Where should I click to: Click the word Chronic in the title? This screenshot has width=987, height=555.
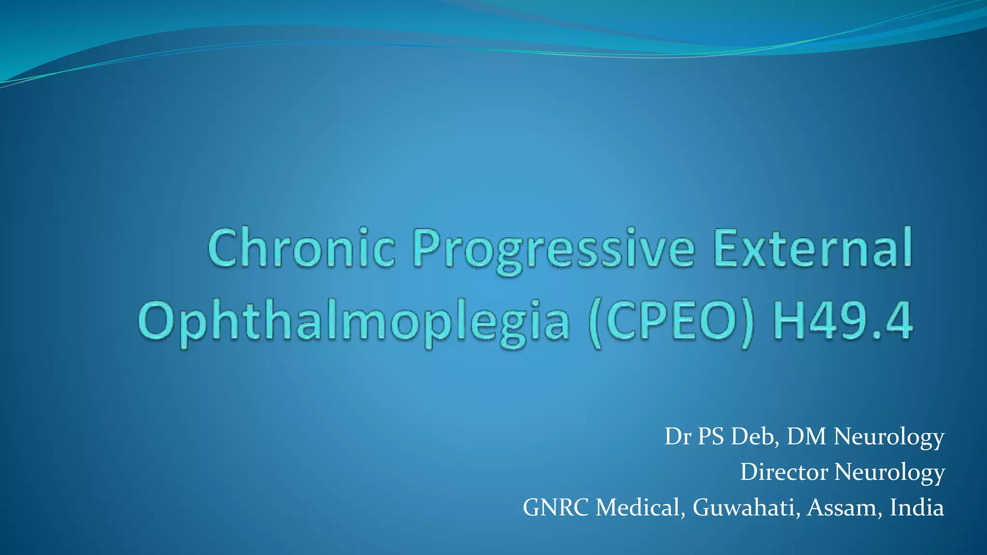pyautogui.click(x=302, y=248)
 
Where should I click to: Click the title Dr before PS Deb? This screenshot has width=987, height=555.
pyautogui.click(x=678, y=436)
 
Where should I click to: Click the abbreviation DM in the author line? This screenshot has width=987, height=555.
pyautogui.click(x=806, y=436)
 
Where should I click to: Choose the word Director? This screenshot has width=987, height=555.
pyautogui.click(x=784, y=472)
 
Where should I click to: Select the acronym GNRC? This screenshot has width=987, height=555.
pyautogui.click(x=556, y=507)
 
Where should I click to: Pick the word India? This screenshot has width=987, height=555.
pyautogui.click(x=917, y=507)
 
